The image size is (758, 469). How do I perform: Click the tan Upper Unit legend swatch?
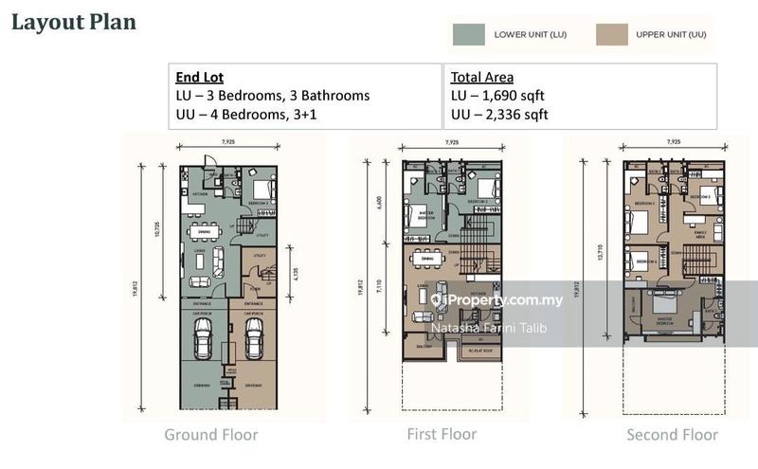pyautogui.click(x=613, y=34)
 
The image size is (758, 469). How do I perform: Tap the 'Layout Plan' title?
pyautogui.click(x=73, y=22)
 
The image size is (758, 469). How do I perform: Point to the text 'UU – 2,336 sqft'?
pyautogui.click(x=499, y=115)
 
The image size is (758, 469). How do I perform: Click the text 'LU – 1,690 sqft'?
pyautogui.click(x=498, y=96)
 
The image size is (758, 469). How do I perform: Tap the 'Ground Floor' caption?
pyautogui.click(x=210, y=435)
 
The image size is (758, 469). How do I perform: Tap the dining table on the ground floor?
pyautogui.click(x=201, y=230)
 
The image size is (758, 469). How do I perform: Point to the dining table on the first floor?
pyautogui.click(x=427, y=259)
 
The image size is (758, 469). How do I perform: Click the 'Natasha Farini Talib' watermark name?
pyautogui.click(x=488, y=329)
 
